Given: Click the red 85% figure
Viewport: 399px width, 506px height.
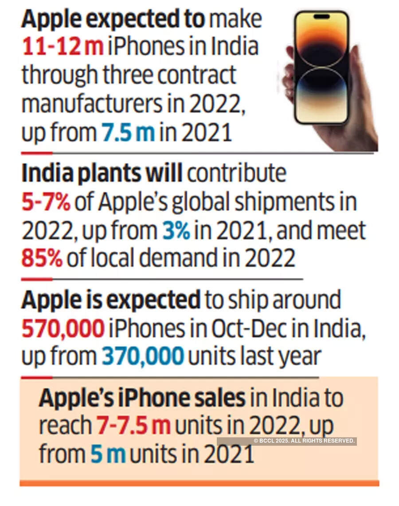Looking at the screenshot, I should pos(42,258).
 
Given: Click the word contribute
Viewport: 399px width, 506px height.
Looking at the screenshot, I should pos(236,173).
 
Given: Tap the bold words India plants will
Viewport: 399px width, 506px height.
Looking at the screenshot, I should pos(102,173).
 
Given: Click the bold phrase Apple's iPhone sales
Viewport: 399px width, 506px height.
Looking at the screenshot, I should pos(142,398).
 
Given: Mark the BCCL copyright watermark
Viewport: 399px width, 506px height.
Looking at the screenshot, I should pos(304,441).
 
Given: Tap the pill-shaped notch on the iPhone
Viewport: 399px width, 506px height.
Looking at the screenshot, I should pos(321,17).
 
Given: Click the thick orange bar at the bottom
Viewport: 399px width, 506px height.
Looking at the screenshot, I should pos(199,483).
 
